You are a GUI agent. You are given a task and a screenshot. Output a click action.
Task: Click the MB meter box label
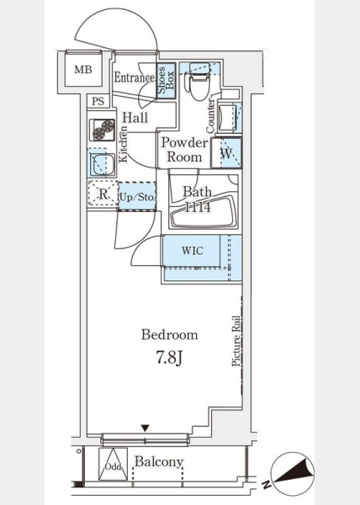point(83,69)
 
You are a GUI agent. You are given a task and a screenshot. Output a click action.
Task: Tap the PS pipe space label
point(98,102)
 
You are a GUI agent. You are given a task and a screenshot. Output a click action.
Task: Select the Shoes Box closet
point(166,81)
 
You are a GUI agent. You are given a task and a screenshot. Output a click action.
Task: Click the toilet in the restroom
point(199,82)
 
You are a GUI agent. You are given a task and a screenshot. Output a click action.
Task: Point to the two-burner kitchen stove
point(103,130)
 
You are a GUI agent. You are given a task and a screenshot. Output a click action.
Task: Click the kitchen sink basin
point(102,164)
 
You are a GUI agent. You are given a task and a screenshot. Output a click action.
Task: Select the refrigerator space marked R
point(103,194)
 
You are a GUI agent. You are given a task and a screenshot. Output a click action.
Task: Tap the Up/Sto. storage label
point(137,197)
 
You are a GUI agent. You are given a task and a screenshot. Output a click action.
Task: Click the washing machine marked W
point(226,153)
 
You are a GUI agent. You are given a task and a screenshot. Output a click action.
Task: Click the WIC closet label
point(193,251)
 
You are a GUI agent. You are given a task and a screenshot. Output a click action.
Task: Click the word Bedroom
point(170,335)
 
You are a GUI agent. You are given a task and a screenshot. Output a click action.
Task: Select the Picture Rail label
point(236,341)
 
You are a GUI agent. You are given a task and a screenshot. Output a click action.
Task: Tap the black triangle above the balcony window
point(146,428)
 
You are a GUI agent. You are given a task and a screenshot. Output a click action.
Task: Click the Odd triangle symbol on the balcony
point(113,464)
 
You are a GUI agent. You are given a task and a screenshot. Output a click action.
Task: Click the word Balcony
point(159,462)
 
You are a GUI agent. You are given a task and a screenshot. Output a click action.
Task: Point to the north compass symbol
point(292,473)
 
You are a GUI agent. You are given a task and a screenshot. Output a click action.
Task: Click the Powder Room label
point(185,150)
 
